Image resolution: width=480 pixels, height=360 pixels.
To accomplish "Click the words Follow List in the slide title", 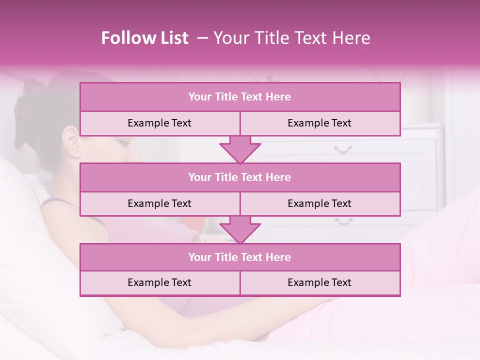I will pyautogui.click(x=144, y=38).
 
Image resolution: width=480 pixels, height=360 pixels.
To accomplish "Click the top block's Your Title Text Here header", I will pyautogui.click(x=239, y=97).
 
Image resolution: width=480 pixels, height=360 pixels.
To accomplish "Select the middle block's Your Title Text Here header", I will pyautogui.click(x=239, y=177).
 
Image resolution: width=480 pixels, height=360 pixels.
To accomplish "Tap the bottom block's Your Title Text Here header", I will pyautogui.click(x=239, y=257).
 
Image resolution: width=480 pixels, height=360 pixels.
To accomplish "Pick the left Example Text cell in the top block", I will pyautogui.click(x=159, y=123).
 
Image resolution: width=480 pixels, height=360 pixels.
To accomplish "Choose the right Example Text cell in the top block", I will pyautogui.click(x=319, y=123).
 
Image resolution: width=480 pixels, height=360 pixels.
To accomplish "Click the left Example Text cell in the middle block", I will pyautogui.click(x=159, y=203).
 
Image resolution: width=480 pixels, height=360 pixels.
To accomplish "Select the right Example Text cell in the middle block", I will pyautogui.click(x=319, y=203).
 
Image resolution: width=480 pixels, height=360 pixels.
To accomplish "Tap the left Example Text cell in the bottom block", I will pyautogui.click(x=159, y=282).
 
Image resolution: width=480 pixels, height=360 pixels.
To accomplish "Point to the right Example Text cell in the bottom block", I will pyautogui.click(x=319, y=282).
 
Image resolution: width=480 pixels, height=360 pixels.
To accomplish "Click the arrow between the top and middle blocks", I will pyautogui.click(x=240, y=150).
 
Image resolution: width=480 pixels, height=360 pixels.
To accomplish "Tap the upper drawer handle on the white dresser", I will pyautogui.click(x=343, y=149).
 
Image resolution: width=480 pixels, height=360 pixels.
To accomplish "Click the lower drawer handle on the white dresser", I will pyautogui.click(x=343, y=220).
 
